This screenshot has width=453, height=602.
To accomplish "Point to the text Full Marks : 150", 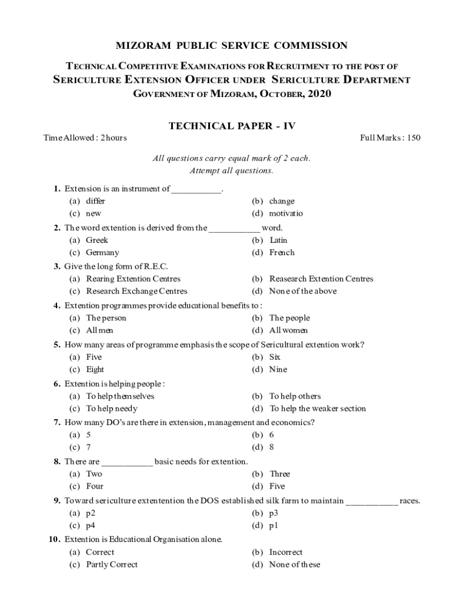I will (x=390, y=138).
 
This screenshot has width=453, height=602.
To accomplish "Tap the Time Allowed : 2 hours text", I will (x=85, y=138).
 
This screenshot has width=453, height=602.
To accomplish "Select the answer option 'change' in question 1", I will (x=282, y=201).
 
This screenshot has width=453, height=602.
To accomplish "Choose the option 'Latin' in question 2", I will (x=278, y=240).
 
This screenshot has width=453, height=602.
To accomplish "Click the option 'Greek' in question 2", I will (x=97, y=240).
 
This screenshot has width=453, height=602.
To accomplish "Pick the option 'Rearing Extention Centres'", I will (x=133, y=279).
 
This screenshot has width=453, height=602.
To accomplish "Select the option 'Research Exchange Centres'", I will (x=136, y=291).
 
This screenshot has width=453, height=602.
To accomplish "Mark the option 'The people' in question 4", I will (x=289, y=318).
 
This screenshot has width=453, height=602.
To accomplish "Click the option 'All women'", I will (x=288, y=330).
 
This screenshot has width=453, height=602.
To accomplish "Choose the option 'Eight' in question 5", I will (x=95, y=369).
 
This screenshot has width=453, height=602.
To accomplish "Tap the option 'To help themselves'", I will (x=120, y=396).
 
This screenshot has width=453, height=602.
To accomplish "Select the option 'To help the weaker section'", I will (x=318, y=409).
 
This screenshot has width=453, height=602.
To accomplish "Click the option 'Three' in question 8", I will (x=280, y=474).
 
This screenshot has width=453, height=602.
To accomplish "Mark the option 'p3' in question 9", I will (x=274, y=513).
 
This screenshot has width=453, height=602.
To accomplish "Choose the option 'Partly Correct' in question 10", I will (x=112, y=564).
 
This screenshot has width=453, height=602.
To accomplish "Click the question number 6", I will (x=57, y=384).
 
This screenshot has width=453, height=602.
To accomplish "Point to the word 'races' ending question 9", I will (x=409, y=501).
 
